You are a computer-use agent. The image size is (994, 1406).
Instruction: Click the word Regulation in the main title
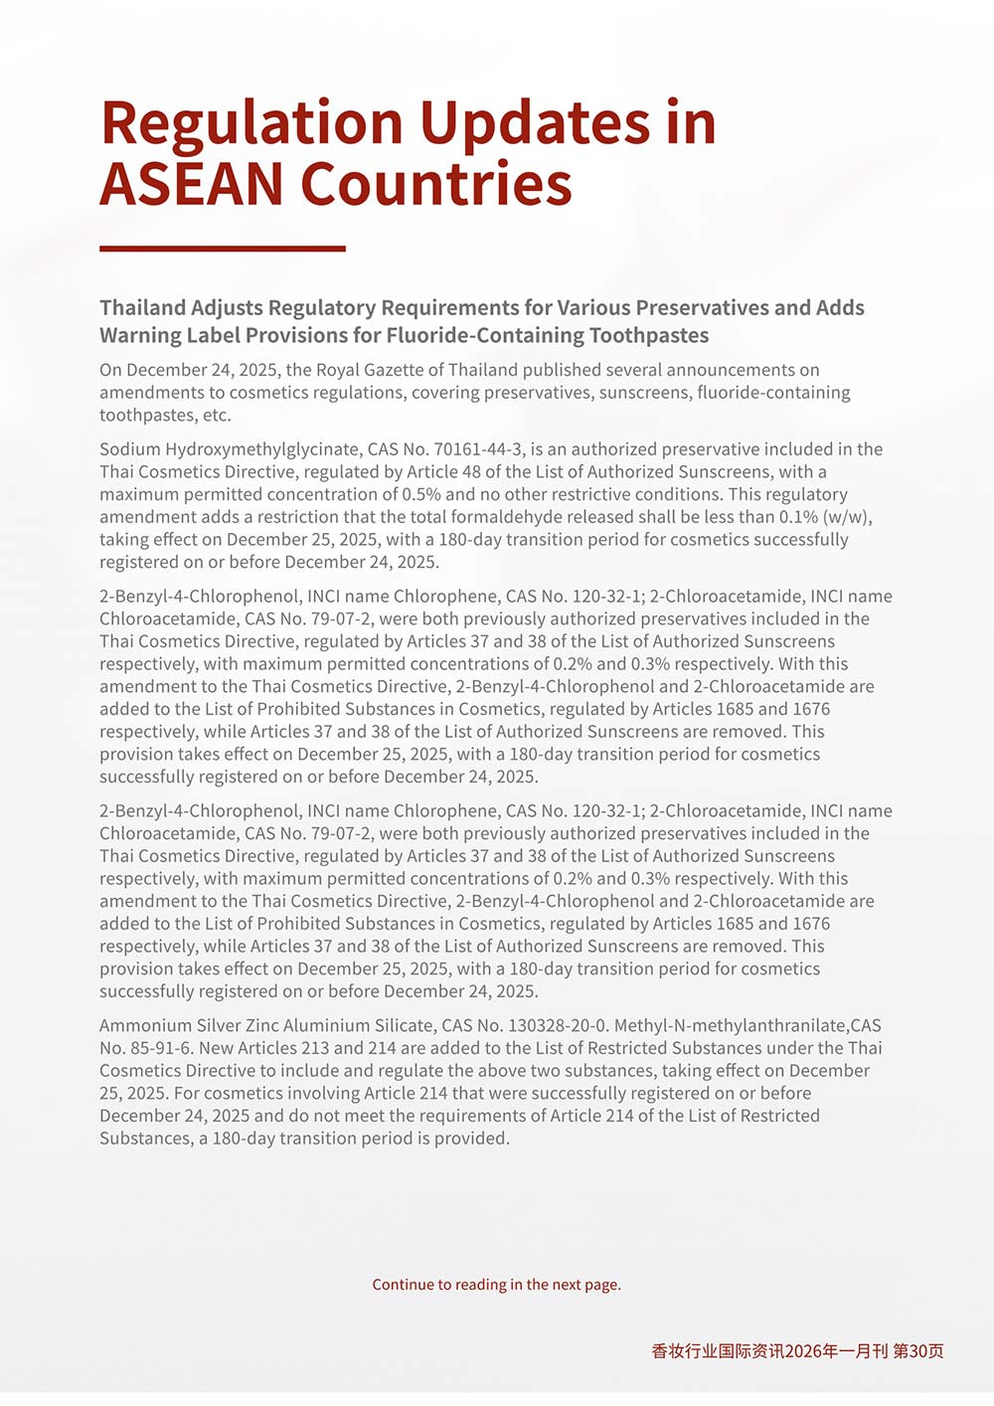(251, 124)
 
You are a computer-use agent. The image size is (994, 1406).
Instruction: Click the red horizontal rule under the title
(223, 249)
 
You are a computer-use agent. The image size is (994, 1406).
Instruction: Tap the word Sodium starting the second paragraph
(129, 449)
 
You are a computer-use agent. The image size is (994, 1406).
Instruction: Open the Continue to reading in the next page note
(496, 1285)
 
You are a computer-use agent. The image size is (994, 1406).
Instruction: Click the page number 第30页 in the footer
(918, 1351)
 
